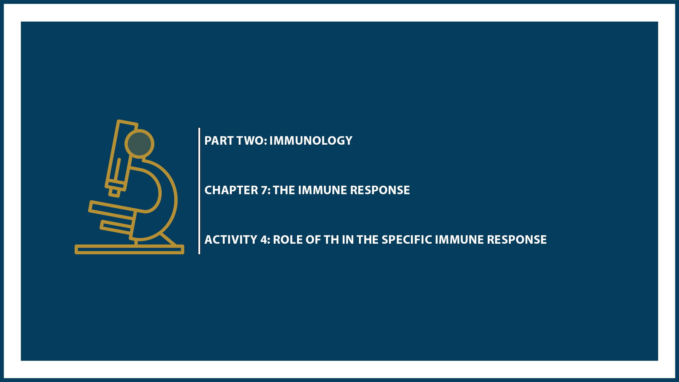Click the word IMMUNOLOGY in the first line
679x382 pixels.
coord(311,141)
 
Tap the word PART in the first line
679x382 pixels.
coord(219,141)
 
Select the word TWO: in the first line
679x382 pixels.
coord(251,141)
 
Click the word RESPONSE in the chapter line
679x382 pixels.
coord(380,190)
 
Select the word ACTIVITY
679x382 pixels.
coord(231,240)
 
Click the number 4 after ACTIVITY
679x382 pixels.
coord(264,240)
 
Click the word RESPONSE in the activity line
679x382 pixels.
coord(517,240)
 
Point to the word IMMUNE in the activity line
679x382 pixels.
coord(459,240)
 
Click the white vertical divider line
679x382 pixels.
coord(199,191)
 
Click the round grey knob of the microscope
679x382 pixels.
coord(139,144)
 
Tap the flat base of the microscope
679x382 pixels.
coord(129,249)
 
